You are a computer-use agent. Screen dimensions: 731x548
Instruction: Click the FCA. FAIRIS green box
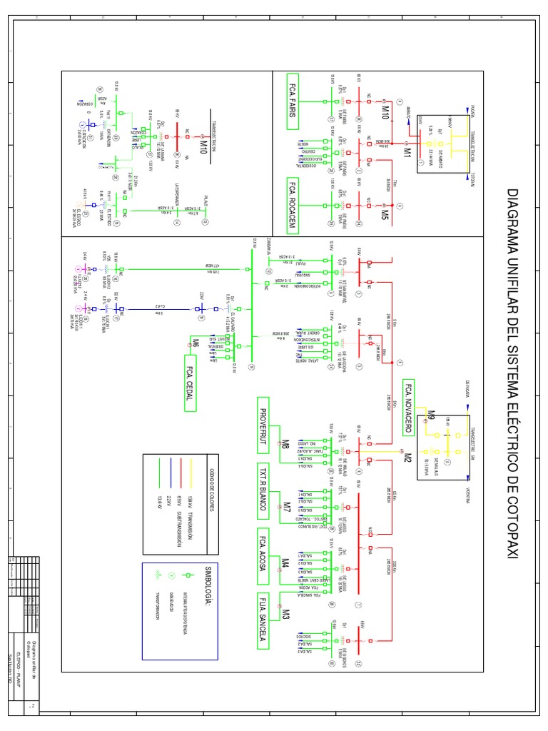[292, 101]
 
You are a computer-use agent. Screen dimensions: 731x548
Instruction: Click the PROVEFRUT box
[263, 425]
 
